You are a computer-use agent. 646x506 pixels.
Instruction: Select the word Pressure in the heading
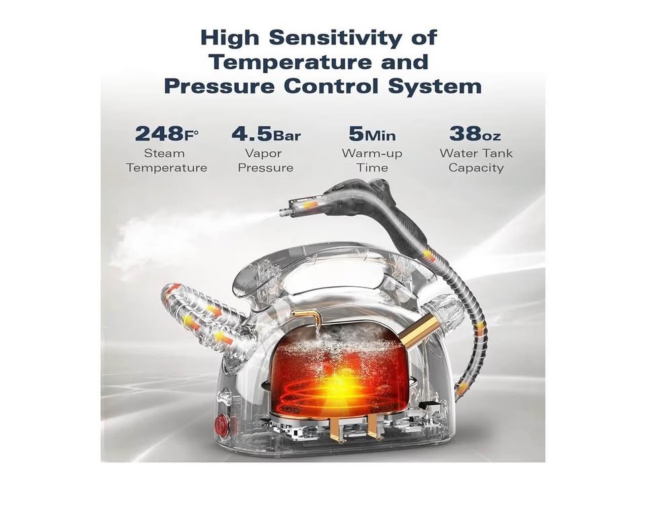pyautogui.click(x=219, y=87)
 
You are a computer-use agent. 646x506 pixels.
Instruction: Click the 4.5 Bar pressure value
pyautogui.click(x=266, y=134)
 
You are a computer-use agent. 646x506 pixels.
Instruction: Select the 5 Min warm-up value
pyautogui.click(x=372, y=134)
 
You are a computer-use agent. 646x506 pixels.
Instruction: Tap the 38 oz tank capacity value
pyautogui.click(x=475, y=134)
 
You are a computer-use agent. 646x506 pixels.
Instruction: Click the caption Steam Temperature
pyautogui.click(x=166, y=161)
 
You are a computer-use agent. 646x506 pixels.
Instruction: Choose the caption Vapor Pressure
pyautogui.click(x=266, y=161)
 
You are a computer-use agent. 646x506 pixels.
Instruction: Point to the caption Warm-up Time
pyautogui.click(x=372, y=161)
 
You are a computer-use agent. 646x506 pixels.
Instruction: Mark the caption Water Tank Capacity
pyautogui.click(x=476, y=161)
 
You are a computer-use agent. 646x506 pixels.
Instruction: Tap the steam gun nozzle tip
pyautogui.click(x=283, y=212)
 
